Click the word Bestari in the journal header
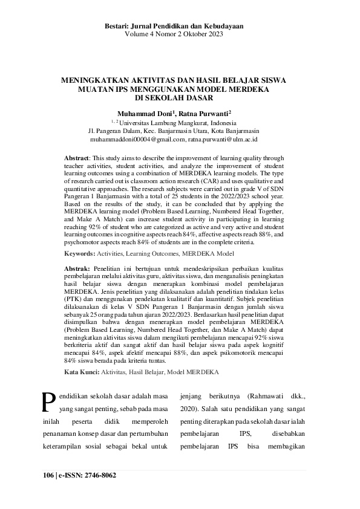click(x=119, y=27)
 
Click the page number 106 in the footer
click(x=48, y=475)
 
